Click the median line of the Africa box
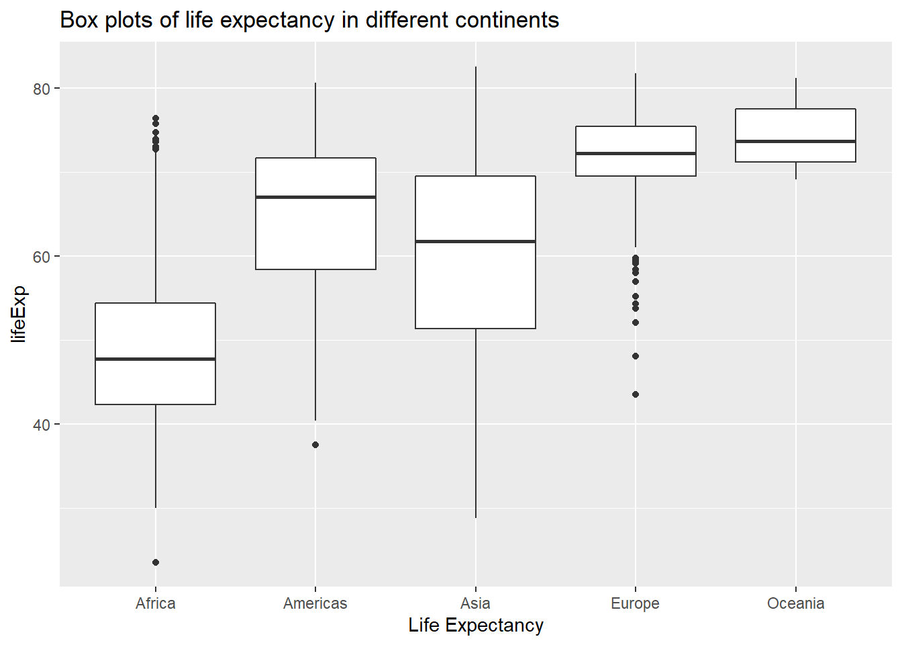156,359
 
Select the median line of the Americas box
315,197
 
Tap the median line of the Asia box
475,241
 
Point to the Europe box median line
636,153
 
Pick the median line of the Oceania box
795,141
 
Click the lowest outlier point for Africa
156,562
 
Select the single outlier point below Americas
315,445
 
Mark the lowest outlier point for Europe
636,394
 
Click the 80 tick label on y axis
42,89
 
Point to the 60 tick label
42,257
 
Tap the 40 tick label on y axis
42,425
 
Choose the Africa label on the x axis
156,603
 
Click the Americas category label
315,603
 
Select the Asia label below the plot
475,603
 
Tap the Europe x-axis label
636,603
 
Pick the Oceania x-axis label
795,603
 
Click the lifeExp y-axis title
19,314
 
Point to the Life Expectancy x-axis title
476,626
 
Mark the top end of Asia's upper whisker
476,67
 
